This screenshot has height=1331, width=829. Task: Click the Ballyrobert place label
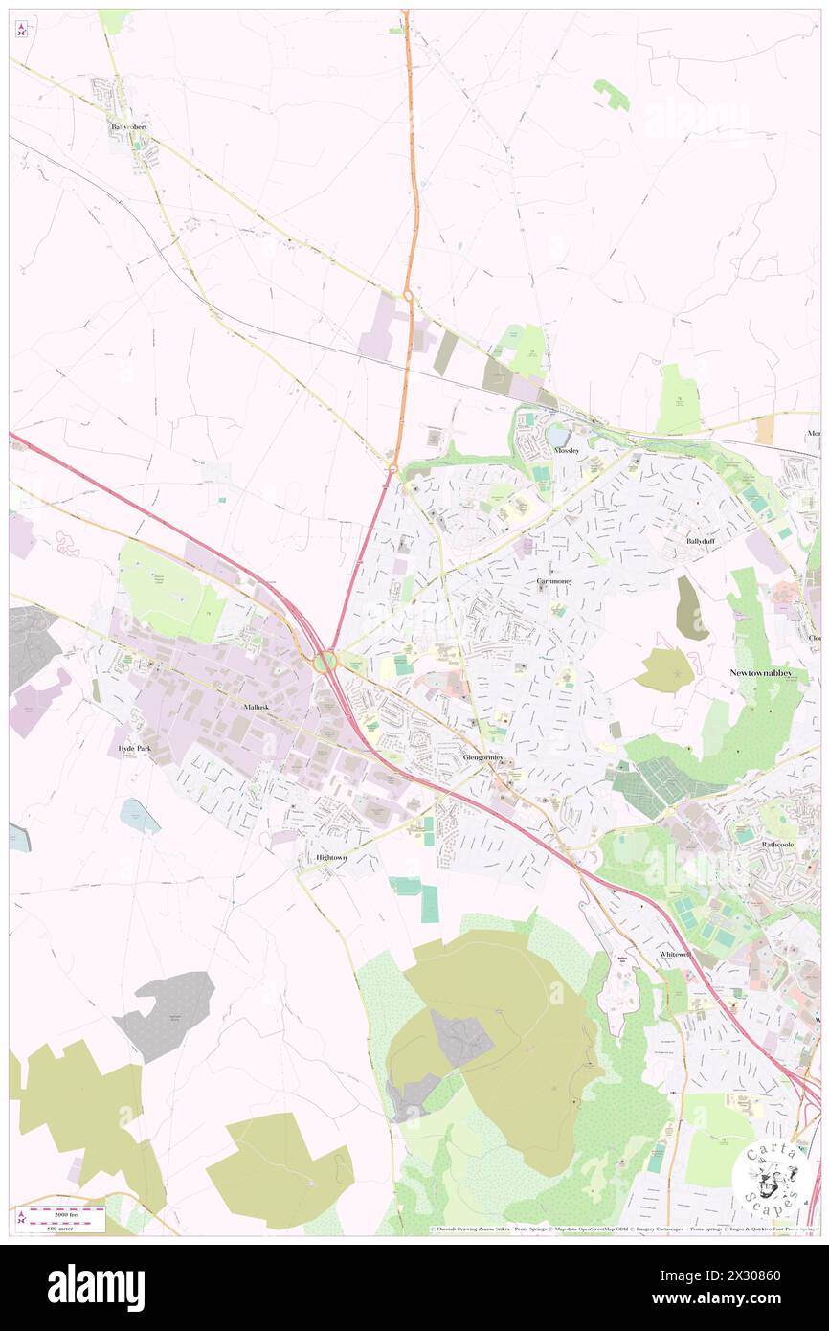point(128,126)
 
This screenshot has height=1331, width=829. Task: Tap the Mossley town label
point(566,450)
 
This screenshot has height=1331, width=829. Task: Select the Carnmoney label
point(553,581)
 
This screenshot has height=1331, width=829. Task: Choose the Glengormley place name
point(482,756)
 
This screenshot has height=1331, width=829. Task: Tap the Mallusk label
point(255,706)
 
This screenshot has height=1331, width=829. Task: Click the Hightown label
point(330,857)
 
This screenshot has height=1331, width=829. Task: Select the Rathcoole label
point(777,845)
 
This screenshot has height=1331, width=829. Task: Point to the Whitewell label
point(674,955)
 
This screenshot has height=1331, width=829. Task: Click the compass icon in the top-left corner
point(21,29)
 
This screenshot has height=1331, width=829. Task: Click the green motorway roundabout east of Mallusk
point(325,661)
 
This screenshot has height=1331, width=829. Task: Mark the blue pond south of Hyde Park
point(139,815)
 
